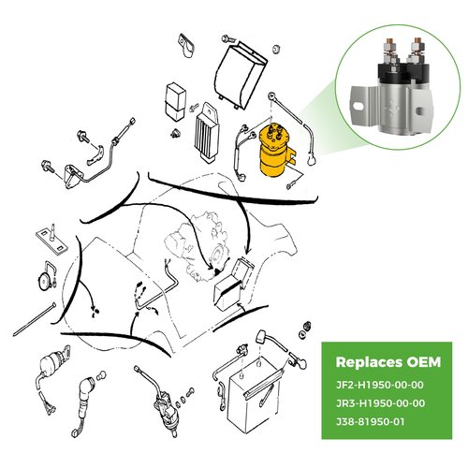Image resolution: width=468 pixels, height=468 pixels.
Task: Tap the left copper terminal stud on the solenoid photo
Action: point(388,42)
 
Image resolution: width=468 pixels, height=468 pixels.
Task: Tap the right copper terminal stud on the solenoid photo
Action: point(417,42)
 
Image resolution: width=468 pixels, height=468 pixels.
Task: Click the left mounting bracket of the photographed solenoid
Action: point(362,106)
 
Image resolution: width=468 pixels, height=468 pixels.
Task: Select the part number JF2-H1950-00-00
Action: point(380,385)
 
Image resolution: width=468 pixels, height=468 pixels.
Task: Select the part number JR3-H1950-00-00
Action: point(380,403)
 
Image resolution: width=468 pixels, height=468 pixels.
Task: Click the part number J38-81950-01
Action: point(370,422)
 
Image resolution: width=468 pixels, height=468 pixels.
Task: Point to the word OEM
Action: point(424,362)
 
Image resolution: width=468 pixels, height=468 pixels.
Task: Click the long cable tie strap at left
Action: point(35,319)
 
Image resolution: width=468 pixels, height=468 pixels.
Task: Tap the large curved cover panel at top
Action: point(241,75)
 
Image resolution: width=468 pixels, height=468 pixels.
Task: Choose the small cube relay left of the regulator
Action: point(175,102)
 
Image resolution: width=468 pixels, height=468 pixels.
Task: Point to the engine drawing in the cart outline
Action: point(197,246)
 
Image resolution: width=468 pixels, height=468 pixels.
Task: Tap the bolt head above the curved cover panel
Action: point(227,39)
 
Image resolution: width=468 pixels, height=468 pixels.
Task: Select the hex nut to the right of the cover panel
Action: point(276,49)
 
